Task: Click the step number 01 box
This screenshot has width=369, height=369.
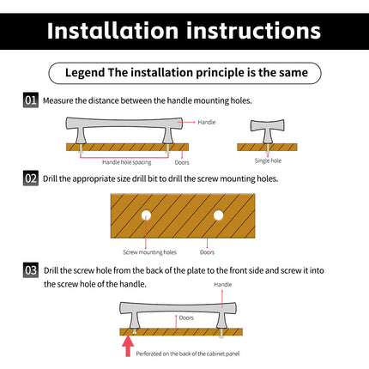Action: [x=31, y=100]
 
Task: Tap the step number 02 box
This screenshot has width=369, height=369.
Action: [x=31, y=178]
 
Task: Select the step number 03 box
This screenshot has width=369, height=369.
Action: [x=31, y=270]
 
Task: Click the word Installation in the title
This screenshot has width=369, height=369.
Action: [x=112, y=31]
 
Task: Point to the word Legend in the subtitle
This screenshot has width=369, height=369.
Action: [x=85, y=73]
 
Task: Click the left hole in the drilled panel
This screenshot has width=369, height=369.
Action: [x=146, y=215]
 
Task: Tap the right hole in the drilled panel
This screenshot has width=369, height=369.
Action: [x=218, y=215]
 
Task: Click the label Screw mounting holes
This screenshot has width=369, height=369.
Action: [x=149, y=252]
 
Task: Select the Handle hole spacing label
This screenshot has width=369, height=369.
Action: [x=127, y=162]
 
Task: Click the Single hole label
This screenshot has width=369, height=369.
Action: [x=268, y=160]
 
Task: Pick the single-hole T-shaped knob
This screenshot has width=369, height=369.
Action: [x=268, y=131]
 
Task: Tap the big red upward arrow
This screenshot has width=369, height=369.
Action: [x=128, y=346]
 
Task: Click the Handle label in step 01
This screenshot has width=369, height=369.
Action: [x=207, y=122]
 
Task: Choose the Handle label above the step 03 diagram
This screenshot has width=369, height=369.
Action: [x=223, y=284]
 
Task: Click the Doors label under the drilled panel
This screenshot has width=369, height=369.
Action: [x=207, y=252]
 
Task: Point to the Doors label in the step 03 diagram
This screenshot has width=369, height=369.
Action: [x=186, y=318]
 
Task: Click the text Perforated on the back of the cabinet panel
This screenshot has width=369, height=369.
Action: [x=188, y=354]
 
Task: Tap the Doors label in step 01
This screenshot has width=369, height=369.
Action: [x=182, y=162]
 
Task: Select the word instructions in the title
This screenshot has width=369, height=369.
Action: [x=254, y=31]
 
